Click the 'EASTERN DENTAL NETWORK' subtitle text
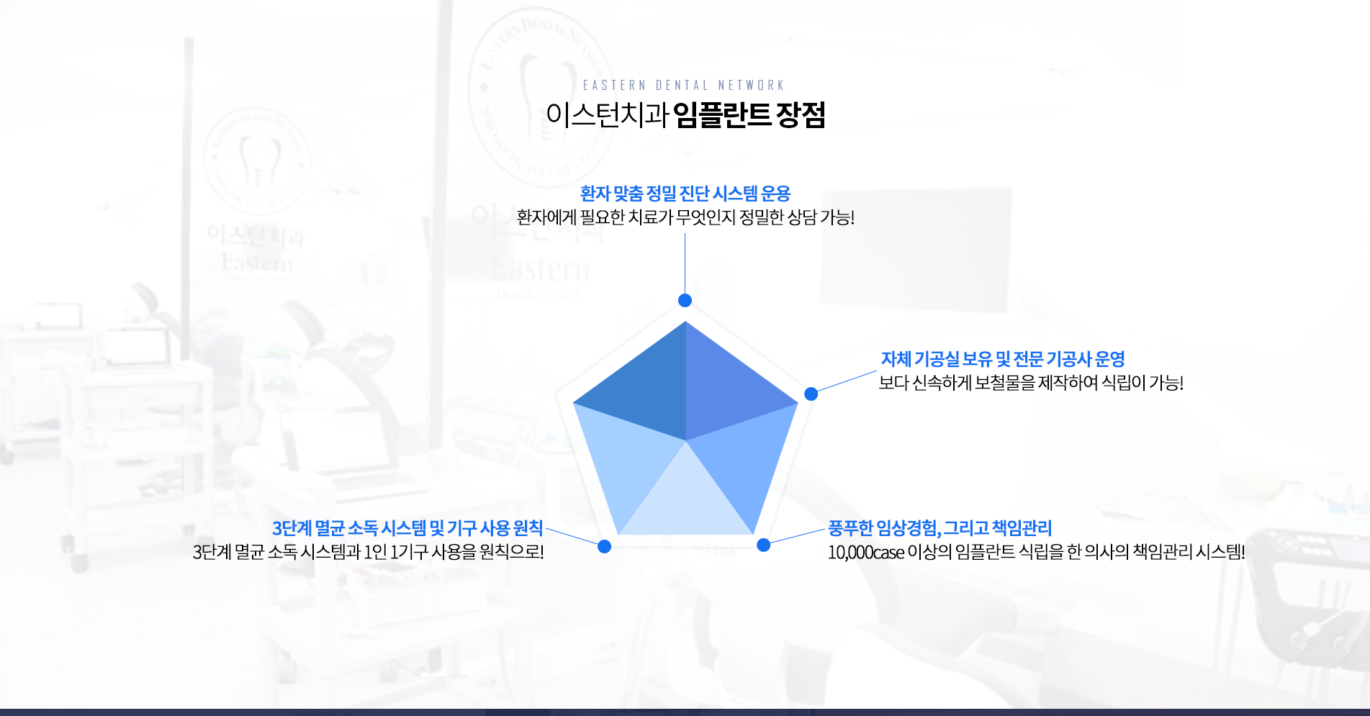pyautogui.click(x=683, y=85)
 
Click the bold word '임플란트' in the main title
pyautogui.click(x=721, y=114)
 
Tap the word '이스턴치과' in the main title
pyautogui.click(x=607, y=114)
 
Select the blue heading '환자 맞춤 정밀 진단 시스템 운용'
pyautogui.click(x=685, y=193)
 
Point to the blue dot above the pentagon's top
pyautogui.click(x=685, y=300)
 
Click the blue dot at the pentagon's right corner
pyautogui.click(x=811, y=394)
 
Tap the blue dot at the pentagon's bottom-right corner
pyautogui.click(x=763, y=545)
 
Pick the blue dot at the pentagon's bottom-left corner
pyautogui.click(x=605, y=547)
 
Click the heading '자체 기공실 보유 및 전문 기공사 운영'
pyautogui.click(x=1003, y=358)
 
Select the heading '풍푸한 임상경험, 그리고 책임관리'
pyautogui.click(x=939, y=528)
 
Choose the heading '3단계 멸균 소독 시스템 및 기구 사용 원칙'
pyautogui.click(x=407, y=528)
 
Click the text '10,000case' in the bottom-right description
pyautogui.click(x=865, y=552)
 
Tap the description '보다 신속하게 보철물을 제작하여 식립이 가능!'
pyautogui.click(x=1031, y=382)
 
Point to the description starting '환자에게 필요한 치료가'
pyautogui.click(x=685, y=217)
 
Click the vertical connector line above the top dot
pyautogui.click(x=685, y=263)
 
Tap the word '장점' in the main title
pyautogui.click(x=800, y=114)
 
